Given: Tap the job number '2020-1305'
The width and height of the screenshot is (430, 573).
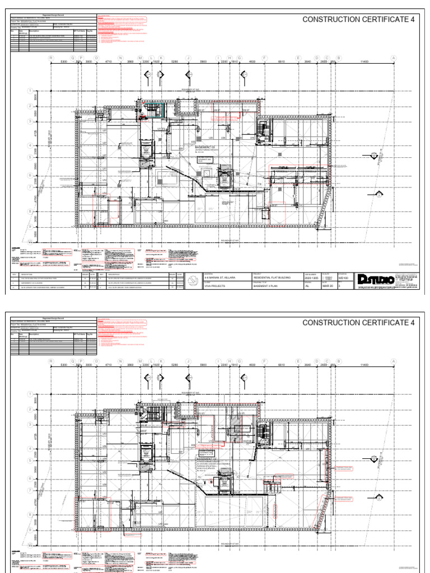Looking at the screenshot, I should point(311,278).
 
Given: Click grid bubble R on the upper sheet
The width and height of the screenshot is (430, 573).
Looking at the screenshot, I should point(50,58).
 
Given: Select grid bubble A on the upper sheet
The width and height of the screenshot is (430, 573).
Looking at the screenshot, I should point(393,58).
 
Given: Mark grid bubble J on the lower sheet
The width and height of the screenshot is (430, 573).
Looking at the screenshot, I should point(189,361).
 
